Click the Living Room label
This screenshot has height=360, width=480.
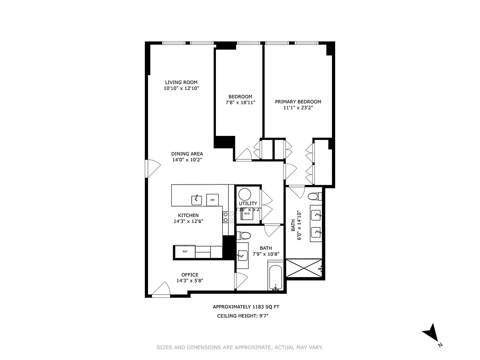point(181,82)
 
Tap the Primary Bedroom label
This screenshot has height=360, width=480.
point(298,102)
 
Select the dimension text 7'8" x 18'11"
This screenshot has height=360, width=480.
point(240,103)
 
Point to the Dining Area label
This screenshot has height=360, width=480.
point(187,154)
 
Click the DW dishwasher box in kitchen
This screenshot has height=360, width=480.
point(212,200)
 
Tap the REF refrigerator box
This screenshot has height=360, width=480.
point(184,252)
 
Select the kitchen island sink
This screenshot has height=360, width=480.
point(197,199)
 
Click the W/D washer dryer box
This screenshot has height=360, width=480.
point(247,214)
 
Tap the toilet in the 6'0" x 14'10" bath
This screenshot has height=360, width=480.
point(314,197)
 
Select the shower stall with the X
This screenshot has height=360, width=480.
point(304,268)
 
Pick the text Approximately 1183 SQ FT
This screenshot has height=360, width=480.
point(246,307)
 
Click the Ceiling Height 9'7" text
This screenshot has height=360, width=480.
point(242,316)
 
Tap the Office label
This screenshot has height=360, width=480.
point(189,275)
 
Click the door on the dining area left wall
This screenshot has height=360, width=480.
point(152,168)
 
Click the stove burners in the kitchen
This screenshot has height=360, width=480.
point(226,217)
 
